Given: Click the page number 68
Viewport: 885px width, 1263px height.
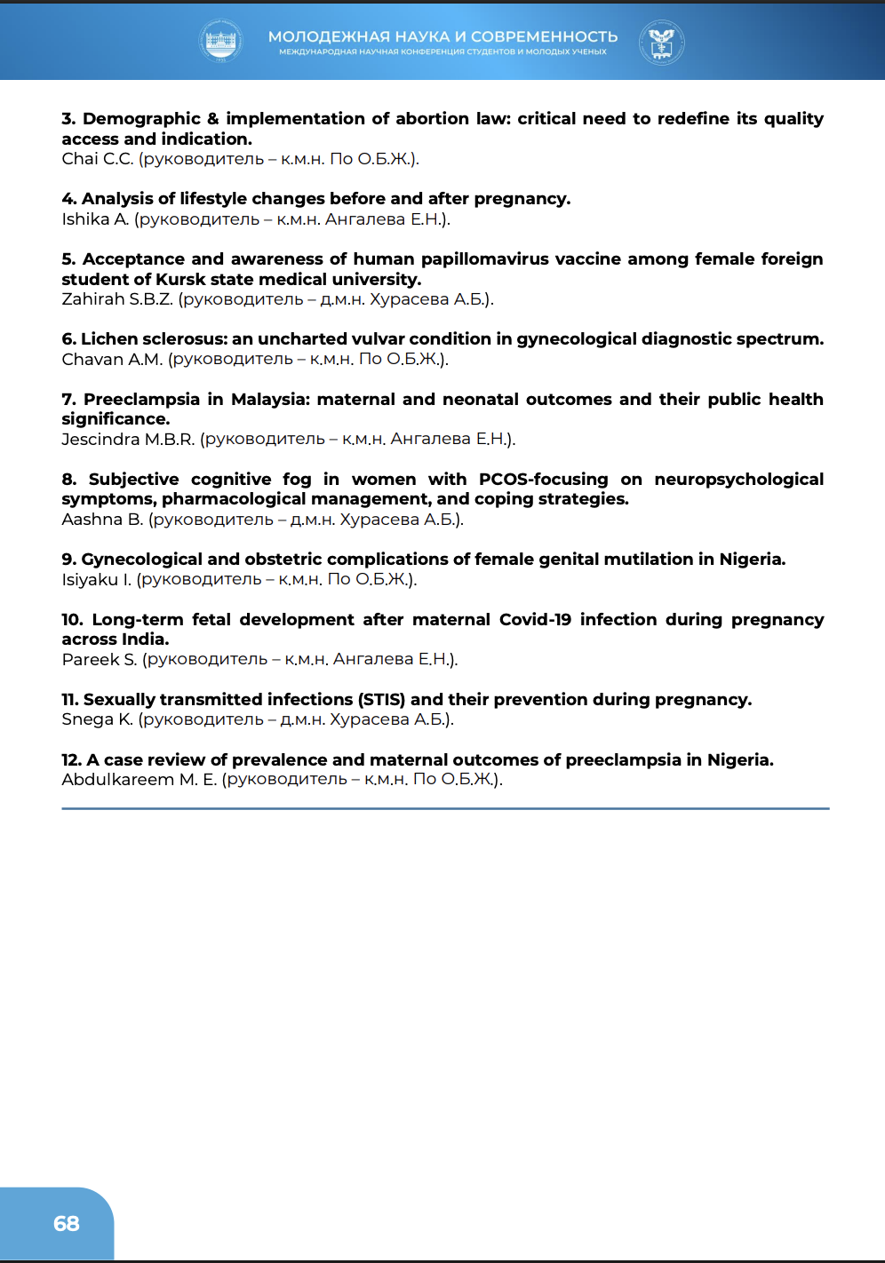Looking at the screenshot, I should coord(67,1224).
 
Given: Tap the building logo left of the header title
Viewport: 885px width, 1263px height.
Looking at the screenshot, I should coord(220,42).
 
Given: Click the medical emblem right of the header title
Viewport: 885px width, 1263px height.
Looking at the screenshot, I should coord(661,42).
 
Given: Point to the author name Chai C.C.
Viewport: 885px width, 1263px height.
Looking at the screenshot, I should coord(97,159).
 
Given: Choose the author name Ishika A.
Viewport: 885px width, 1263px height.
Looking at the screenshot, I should coord(95,219).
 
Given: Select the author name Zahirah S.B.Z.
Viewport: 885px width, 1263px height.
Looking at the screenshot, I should coord(116,299).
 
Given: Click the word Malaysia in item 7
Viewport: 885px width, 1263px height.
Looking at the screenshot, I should coord(270,400).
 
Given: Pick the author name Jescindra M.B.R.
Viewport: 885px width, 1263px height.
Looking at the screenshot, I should coord(128,440).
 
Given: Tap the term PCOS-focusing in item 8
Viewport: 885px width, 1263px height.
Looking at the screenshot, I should coord(543,480).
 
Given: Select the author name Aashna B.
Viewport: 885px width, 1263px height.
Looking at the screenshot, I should coord(102,520).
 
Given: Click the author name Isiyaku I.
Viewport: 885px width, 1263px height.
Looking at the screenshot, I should coord(96,580).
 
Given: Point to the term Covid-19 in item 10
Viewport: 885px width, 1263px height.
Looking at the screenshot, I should coord(535,620).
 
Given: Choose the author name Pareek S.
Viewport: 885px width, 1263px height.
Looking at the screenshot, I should coord(99,660).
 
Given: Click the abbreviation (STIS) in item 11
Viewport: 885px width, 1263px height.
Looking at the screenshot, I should coord(381,700).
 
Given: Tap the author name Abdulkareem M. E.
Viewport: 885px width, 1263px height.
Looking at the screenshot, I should coord(139,780).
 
